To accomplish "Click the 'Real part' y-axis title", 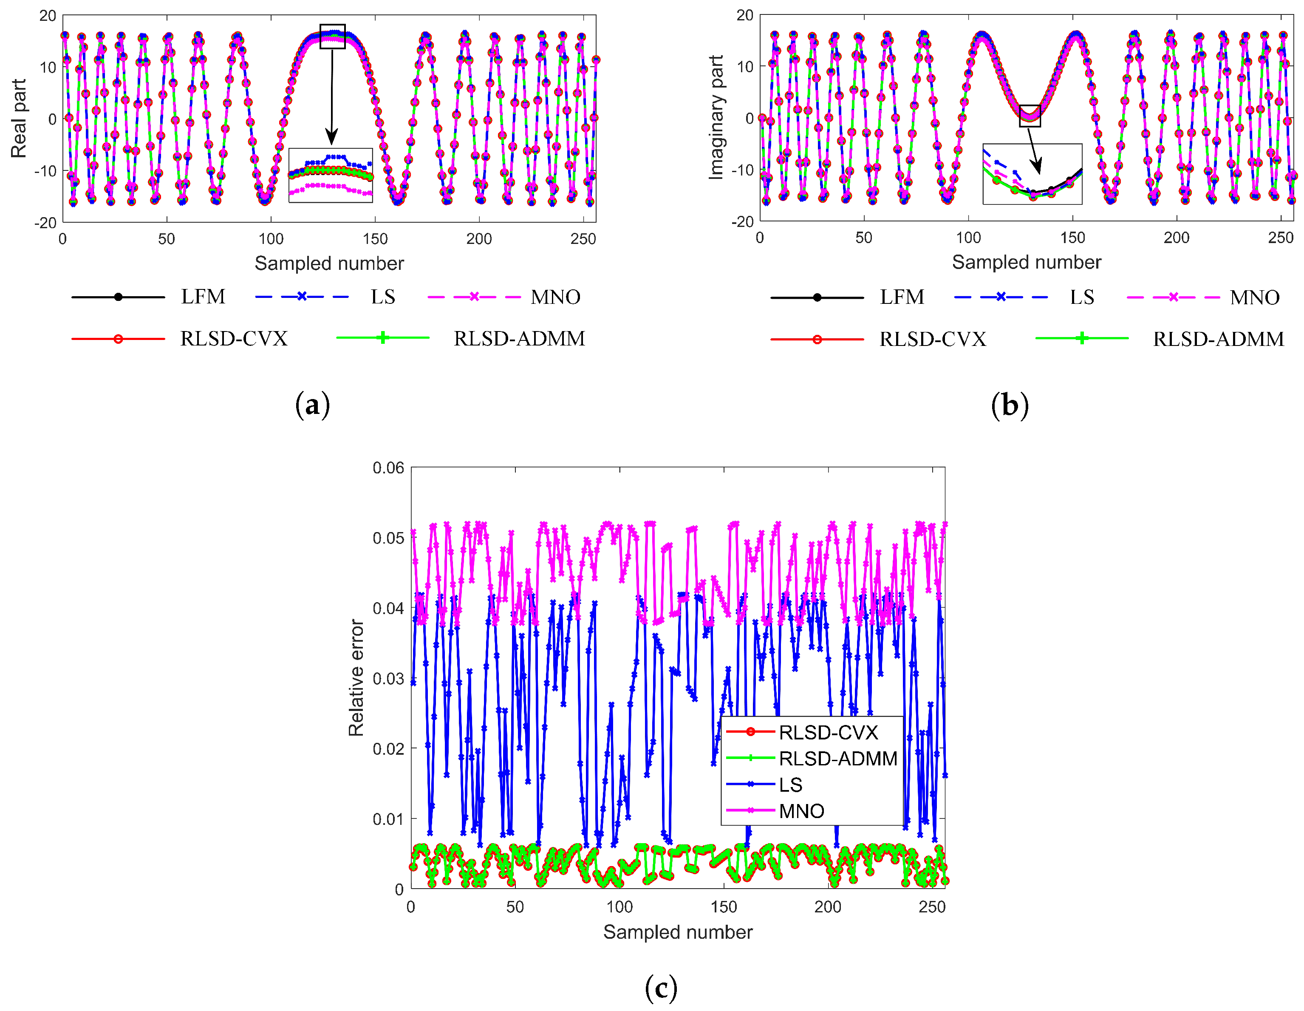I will [19, 118].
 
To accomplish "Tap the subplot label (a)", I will [312, 405].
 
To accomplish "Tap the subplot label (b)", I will [1010, 405].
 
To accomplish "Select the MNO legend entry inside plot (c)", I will [801, 811].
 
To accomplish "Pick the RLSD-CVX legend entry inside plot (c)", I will [828, 732].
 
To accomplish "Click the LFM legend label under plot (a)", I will [203, 297].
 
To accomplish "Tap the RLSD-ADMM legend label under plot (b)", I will [1218, 339].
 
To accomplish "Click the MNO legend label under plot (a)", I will [555, 297].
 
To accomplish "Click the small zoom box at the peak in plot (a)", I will [333, 37].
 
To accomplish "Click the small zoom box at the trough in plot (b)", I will [1030, 116].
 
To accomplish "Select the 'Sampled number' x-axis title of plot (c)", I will [678, 932].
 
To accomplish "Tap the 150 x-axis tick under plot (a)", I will [375, 239].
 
